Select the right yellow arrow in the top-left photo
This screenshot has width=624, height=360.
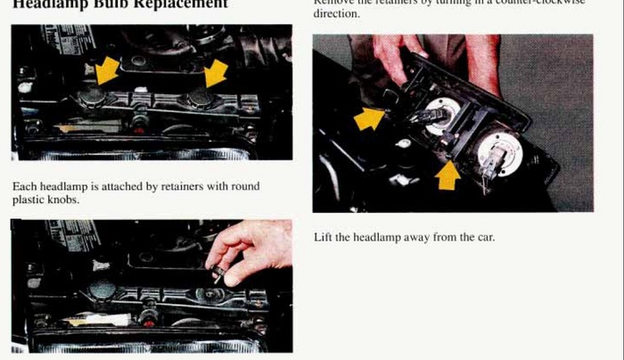tap(216, 73)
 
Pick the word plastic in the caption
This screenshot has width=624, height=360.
tap(28, 200)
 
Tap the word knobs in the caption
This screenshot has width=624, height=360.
tap(65, 200)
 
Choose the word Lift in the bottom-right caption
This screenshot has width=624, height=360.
tap(323, 238)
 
